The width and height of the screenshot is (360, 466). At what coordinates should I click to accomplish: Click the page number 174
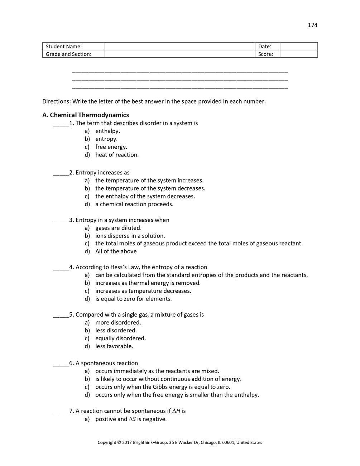click(312, 25)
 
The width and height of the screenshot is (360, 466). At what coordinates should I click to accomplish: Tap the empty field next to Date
click(298, 46)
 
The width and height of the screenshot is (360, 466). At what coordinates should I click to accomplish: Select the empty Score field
click(298, 54)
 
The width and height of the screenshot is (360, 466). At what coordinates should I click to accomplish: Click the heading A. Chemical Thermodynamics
click(86, 115)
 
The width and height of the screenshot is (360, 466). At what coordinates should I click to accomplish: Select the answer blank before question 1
click(61, 124)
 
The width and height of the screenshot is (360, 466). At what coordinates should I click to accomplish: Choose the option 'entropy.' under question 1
click(106, 139)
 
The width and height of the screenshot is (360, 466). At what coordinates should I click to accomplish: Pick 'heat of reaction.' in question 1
click(117, 155)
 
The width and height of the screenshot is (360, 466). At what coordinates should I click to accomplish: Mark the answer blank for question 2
click(61, 173)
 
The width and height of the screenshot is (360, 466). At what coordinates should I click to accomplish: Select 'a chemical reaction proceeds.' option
click(134, 204)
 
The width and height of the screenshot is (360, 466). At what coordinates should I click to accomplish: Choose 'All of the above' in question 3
click(116, 251)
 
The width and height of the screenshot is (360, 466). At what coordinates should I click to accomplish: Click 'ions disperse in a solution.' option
click(130, 236)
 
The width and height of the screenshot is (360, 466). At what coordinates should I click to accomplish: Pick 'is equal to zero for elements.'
click(134, 299)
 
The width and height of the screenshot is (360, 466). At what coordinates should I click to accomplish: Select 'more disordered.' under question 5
click(118, 322)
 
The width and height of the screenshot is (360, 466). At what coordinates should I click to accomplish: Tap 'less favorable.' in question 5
click(114, 346)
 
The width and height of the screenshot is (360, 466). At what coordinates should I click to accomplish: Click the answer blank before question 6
click(61, 364)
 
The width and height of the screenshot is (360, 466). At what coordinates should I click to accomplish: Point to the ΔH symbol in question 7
click(176, 411)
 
